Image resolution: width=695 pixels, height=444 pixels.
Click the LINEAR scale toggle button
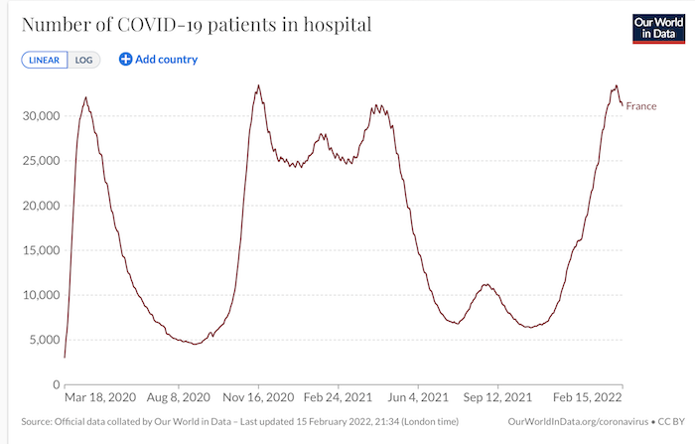pos(45,60)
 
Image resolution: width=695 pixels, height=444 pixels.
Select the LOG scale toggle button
pos(83,60)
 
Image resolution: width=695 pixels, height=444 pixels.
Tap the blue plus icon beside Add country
pos(125,59)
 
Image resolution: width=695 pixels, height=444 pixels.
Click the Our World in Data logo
pos(658,29)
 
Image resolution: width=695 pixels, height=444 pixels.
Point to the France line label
pos(641,106)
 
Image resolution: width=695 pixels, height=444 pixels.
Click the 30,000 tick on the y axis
pos(41,116)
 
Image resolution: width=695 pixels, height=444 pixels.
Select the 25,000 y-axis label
pos(41,161)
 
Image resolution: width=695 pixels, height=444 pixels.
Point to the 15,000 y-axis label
pos(41,250)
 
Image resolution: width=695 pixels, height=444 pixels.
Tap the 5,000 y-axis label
pos(44,340)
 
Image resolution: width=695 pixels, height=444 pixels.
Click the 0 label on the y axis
pos(57,384)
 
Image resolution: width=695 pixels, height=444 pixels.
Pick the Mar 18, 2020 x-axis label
pos(100,397)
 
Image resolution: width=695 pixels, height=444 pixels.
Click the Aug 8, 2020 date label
pos(178,397)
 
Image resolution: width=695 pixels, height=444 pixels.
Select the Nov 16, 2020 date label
pos(258,397)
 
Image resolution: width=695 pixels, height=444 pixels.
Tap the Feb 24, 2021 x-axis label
pos(338,397)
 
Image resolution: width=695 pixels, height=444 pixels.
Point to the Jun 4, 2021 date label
pos(418,397)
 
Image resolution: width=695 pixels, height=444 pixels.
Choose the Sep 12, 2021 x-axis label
pos(497,397)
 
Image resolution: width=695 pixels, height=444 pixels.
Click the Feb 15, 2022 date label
pos(588,397)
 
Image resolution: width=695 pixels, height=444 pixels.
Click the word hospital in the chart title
pos(338,25)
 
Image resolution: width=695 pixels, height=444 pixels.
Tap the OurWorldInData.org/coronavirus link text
pos(578,421)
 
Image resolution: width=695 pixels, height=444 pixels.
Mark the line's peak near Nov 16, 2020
pos(258,85)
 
